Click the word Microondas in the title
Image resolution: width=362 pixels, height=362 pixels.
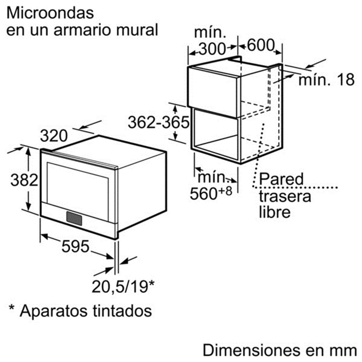tap(50, 13)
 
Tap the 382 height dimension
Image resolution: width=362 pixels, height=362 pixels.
tap(24, 180)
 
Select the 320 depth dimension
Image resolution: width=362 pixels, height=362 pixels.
tap(54, 136)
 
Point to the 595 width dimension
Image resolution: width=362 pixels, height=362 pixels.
tap(75, 246)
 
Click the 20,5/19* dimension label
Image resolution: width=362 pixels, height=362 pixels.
tap(123, 287)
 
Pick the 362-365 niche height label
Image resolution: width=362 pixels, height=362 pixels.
tap(159, 122)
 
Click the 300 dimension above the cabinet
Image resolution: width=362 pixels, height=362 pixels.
tap(212, 49)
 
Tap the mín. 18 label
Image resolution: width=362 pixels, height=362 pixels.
tap(326, 80)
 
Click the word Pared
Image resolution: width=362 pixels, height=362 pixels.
tap(281, 179)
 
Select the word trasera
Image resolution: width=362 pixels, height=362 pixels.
tap(285, 197)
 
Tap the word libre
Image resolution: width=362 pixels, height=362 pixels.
tap(275, 212)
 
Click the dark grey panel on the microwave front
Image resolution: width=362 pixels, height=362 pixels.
tap(74, 218)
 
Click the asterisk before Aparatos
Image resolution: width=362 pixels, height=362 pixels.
tap(12, 308)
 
